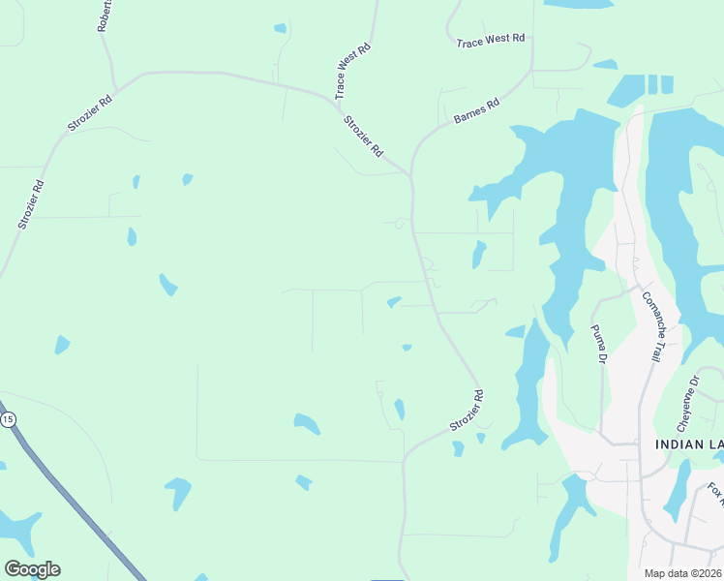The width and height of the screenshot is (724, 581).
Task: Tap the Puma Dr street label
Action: coord(598,345)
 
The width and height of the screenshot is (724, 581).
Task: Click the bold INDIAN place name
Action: coord(677,444)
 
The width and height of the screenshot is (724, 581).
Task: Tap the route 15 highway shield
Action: coord(8,419)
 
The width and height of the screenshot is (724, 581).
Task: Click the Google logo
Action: coord(32,569)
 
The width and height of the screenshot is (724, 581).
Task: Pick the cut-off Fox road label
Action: coord(714,494)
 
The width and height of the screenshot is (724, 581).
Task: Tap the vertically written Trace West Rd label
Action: coord(352,72)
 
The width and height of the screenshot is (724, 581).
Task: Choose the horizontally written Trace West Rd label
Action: coord(491,41)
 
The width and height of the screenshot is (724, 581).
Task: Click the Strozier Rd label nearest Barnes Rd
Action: coord(364,138)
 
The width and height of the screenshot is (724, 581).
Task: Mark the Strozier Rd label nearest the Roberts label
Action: coord(90,113)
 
